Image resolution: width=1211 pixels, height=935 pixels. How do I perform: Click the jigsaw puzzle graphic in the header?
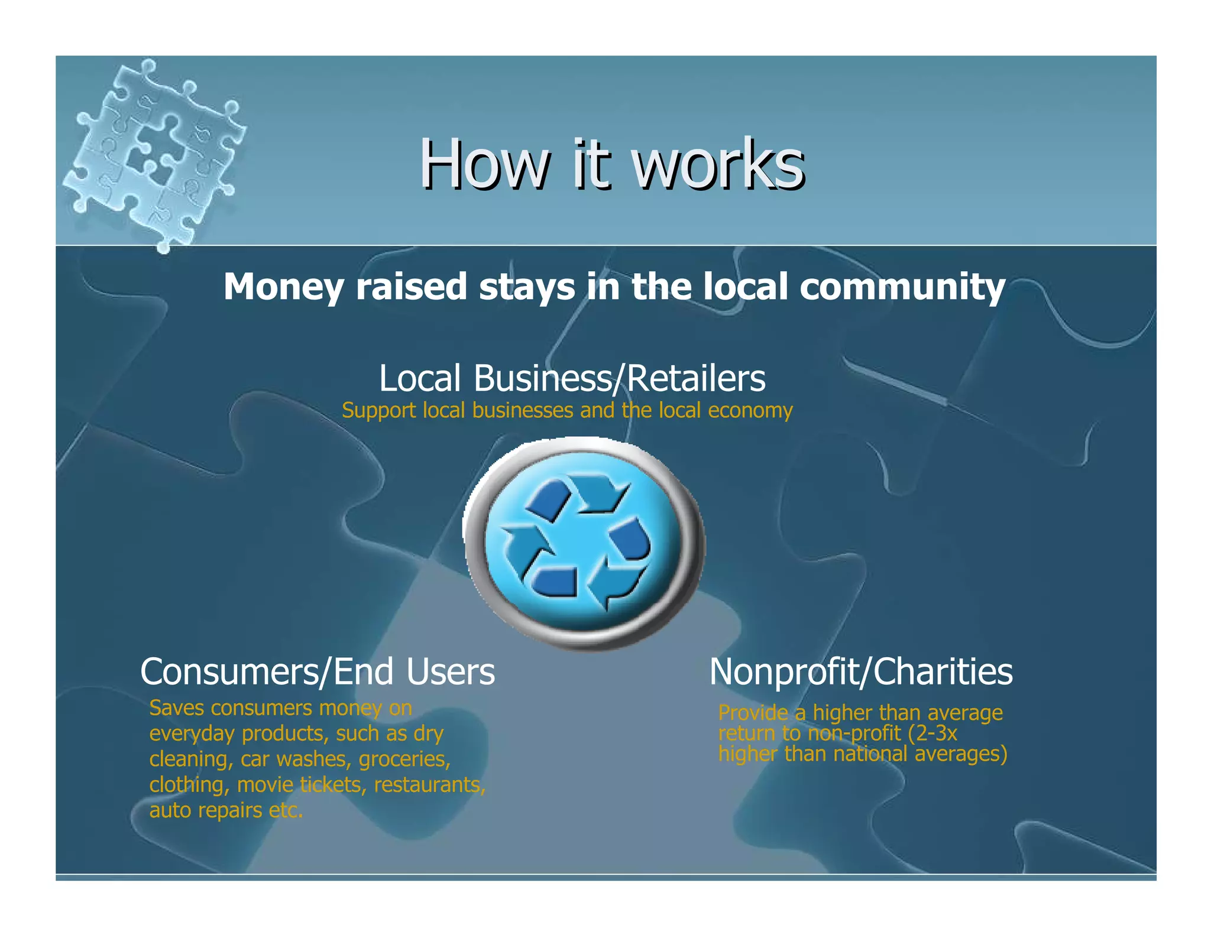155,154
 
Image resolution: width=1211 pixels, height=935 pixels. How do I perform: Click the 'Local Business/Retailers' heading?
572,378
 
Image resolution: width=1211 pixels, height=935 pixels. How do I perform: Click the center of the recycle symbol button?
584,544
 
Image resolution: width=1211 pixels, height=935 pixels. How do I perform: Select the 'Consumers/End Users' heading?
318,672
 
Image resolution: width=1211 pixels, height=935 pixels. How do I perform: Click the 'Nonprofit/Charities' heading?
860,672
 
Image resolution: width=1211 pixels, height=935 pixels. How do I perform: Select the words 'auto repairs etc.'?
226,810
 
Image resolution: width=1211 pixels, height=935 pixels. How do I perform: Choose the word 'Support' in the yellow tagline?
378,410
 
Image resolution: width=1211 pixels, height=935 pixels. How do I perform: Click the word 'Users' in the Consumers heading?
451,672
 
